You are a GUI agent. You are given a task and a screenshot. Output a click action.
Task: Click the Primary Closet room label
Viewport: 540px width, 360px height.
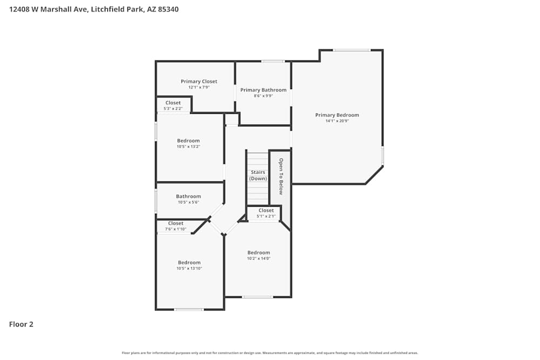pos(199,81)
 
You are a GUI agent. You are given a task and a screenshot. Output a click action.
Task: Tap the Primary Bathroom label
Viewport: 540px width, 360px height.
pos(264,90)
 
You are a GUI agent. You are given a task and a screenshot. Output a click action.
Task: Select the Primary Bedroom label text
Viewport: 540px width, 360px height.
pos(337,115)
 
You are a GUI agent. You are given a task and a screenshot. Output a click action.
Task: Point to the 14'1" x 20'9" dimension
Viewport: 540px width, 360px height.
pos(337,121)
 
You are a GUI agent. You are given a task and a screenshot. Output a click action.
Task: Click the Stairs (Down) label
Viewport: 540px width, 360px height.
pos(258,175)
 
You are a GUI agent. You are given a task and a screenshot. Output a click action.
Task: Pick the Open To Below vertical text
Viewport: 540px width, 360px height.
pos(281,176)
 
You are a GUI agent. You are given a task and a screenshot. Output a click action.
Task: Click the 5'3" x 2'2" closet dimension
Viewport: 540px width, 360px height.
pos(173,109)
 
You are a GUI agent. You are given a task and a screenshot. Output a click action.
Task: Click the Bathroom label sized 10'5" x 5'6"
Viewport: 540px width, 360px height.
pos(188,196)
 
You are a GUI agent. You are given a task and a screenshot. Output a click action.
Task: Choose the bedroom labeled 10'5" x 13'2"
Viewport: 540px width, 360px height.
pos(188,141)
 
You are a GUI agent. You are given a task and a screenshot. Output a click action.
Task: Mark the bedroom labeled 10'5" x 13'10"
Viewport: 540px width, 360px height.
pos(189,263)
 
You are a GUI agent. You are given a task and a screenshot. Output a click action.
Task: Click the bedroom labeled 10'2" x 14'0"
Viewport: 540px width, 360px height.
pos(259,253)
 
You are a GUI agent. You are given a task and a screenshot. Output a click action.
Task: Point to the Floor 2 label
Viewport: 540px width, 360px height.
pos(21,324)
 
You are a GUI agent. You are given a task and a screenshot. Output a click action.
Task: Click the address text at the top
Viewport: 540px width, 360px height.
pos(94,9)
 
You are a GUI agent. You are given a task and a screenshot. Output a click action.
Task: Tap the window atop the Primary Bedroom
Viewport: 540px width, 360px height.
pos(351,50)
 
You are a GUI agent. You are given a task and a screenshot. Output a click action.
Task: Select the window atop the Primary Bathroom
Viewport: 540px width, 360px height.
pos(273,61)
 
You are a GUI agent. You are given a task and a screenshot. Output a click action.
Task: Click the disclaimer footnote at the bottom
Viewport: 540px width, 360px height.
pos(270,353)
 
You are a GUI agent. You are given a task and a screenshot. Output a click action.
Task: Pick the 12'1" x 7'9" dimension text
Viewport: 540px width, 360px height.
pos(199,87)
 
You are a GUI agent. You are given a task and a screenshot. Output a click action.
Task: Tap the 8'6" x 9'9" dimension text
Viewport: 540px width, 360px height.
pos(264,96)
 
